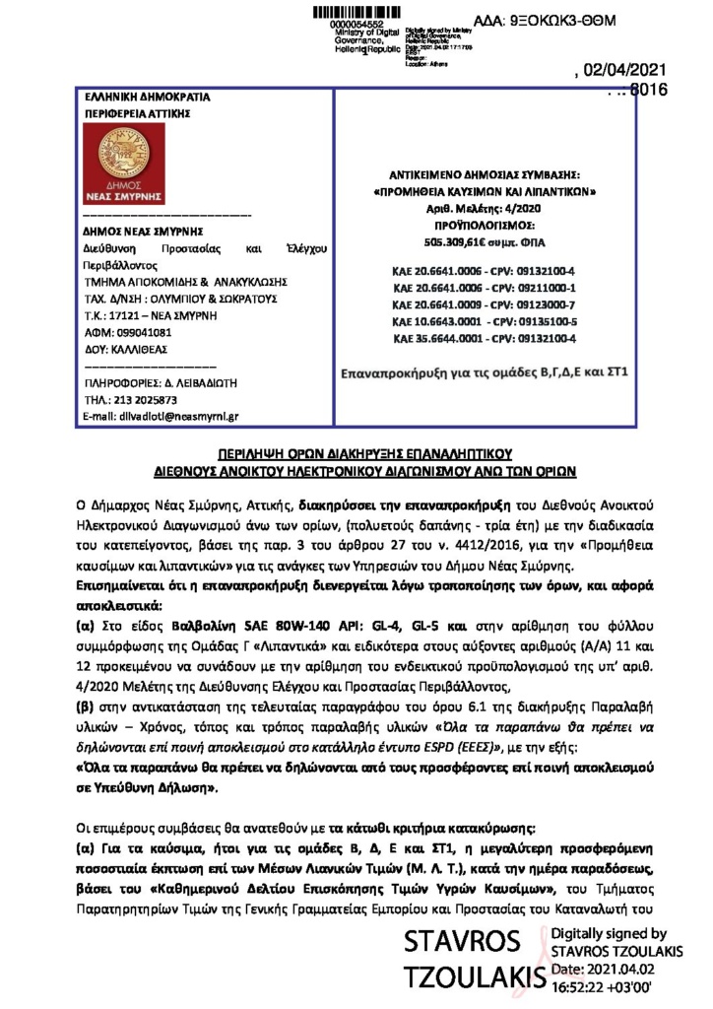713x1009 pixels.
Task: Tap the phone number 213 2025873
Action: (145, 400)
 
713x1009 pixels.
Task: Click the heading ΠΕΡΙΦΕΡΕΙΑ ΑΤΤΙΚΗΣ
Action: (127, 114)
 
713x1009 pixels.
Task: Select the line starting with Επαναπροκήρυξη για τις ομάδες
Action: (484, 373)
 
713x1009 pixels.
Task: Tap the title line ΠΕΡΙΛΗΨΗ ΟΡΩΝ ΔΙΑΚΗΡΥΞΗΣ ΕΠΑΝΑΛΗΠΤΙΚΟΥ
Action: (356, 454)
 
